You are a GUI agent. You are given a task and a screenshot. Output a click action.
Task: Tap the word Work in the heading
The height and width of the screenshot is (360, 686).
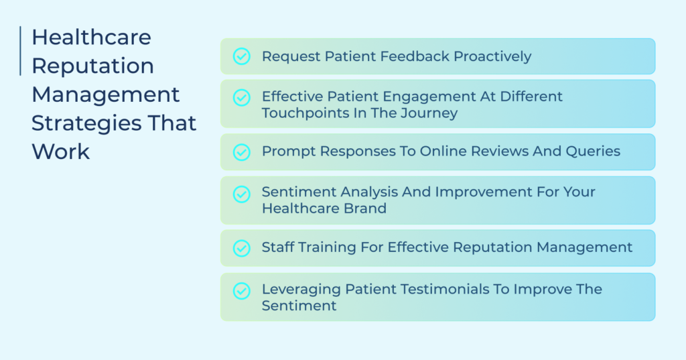pos(60,152)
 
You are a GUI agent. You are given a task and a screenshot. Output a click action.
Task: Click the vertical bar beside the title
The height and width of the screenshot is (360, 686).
pos(20,51)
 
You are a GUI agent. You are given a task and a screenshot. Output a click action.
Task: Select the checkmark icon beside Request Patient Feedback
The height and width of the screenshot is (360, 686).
pos(241,56)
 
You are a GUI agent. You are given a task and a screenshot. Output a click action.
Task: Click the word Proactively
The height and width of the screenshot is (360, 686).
pos(492,56)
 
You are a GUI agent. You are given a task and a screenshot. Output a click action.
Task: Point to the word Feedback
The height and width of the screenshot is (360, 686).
pos(415,56)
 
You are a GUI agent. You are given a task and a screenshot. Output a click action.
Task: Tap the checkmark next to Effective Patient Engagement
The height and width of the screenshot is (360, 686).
pos(241,98)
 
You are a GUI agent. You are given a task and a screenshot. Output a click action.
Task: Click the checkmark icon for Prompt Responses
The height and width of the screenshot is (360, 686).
pos(241,152)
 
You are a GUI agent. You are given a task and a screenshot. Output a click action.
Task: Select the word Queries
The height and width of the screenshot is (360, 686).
pos(593,151)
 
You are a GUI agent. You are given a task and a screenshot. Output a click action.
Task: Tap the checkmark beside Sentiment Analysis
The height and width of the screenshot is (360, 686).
pos(241,194)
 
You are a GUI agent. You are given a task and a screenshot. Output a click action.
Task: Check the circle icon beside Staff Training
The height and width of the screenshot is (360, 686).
pos(241,248)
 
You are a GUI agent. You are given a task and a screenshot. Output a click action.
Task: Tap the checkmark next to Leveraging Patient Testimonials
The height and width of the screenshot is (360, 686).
pos(241,291)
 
